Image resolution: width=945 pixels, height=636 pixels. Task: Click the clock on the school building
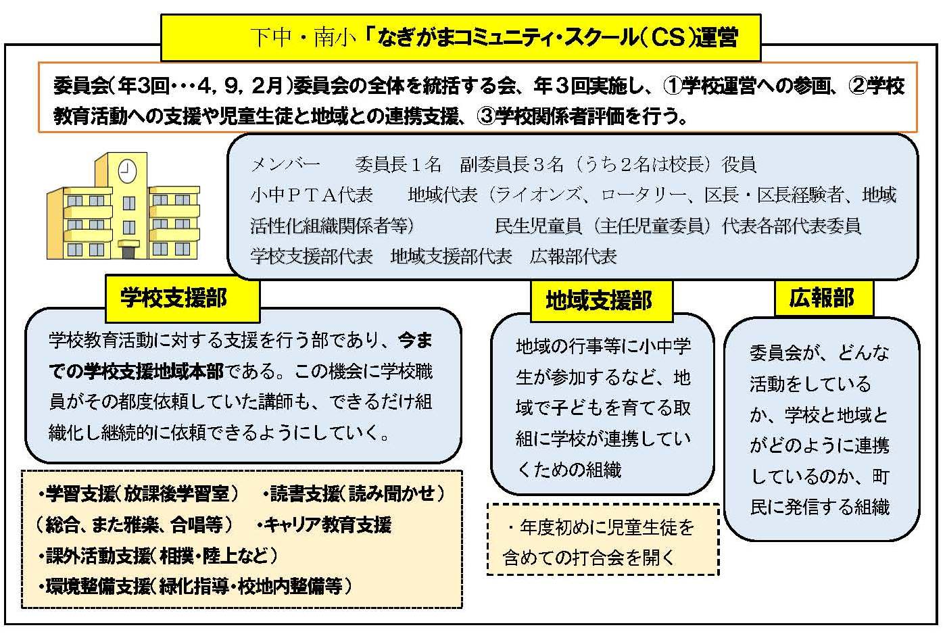pos(126,170)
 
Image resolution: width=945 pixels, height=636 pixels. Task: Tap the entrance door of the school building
pos(128,252)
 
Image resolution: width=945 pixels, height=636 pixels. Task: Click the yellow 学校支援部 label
pos(183,298)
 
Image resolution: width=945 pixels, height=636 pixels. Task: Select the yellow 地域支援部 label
pos(601,301)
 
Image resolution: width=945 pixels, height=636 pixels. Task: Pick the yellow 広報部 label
pos(823,298)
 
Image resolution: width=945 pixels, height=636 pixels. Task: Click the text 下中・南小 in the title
pos(303,38)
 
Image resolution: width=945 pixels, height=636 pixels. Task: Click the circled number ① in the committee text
pos(673,86)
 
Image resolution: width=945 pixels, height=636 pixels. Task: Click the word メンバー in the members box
pos(286,164)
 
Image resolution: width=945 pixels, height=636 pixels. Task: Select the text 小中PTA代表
pos(312,195)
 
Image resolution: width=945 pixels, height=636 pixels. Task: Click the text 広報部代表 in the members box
pos(573,256)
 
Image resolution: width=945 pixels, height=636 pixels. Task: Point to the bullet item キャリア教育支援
pos(324,525)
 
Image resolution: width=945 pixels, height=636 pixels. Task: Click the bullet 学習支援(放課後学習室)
pos(139,494)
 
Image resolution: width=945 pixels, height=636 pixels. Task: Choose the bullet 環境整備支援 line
pos(195,586)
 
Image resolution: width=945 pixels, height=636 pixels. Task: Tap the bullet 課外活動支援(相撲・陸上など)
pos(158,556)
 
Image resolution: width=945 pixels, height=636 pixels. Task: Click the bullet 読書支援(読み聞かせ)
pos(354,494)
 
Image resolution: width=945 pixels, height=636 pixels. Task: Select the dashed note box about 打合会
pos(603,539)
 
